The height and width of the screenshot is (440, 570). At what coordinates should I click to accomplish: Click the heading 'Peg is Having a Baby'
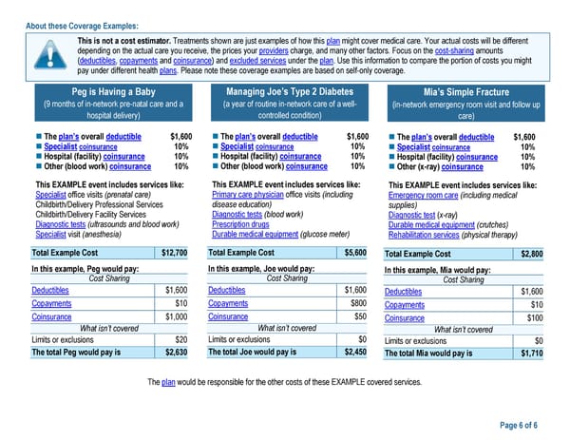pos(107,91)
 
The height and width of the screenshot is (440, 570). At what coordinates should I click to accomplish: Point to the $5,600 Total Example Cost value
pos(353,253)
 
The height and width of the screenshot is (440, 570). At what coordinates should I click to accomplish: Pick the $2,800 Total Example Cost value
pos(531,255)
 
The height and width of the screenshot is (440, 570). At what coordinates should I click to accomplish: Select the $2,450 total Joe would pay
pos(353,352)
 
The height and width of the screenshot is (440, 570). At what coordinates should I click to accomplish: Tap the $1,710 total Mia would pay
pos(531,353)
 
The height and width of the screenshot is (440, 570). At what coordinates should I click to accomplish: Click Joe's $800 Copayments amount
pos(358,303)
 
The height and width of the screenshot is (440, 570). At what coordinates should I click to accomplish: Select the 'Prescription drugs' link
pos(241,223)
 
